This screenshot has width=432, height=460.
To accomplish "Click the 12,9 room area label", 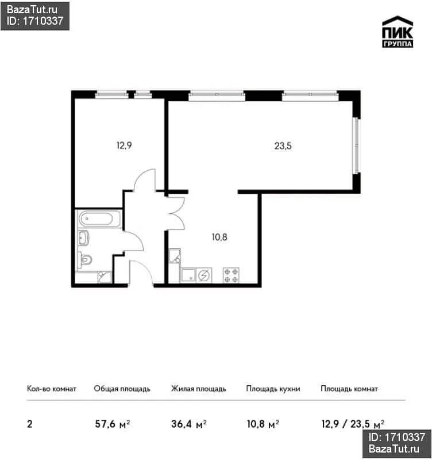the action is [124, 145].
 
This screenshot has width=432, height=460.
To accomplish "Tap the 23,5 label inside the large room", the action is [283, 146].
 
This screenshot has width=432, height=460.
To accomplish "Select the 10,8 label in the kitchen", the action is [219, 237].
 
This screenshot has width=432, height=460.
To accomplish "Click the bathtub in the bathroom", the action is [99, 219].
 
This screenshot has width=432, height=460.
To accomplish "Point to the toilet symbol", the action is [85, 260].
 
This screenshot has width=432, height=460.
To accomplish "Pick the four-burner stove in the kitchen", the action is [231, 275].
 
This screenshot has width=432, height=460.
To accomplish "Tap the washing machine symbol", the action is [204, 275].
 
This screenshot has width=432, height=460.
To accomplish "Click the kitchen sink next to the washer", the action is [188, 275].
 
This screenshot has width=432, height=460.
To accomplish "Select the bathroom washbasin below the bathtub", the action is [83, 237].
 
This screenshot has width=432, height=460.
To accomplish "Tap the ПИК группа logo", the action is [398, 32].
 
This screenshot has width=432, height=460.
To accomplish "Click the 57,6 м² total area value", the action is [113, 424].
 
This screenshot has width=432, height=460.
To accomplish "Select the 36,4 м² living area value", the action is [189, 424].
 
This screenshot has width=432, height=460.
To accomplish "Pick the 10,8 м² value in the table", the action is [263, 424].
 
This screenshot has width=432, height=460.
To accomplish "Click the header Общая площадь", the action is [122, 389].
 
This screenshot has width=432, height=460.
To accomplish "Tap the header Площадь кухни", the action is [273, 389].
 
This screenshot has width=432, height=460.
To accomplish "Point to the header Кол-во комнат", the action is [52, 389].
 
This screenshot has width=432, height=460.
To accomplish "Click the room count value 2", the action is [30, 424].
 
